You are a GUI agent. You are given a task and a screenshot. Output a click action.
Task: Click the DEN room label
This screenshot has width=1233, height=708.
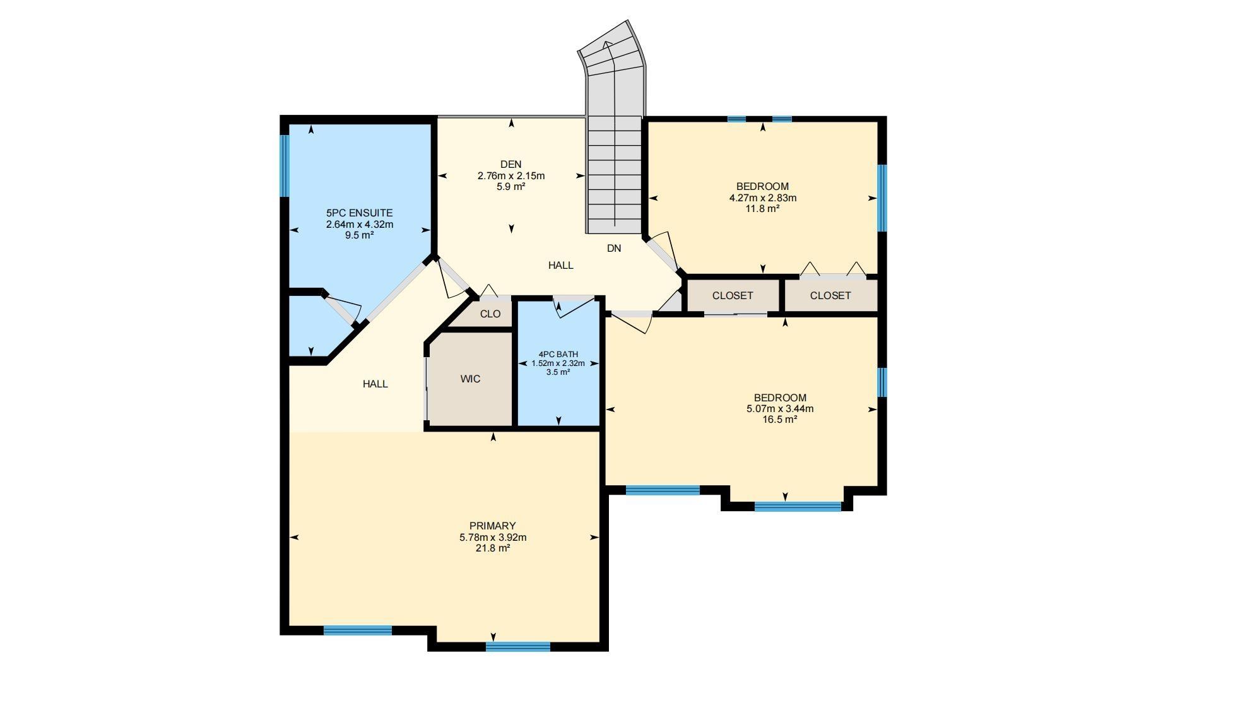(511, 165)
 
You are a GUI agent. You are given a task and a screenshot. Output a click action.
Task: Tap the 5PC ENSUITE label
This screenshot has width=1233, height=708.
(360, 213)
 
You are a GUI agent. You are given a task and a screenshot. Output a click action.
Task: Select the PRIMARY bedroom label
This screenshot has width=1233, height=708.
(493, 526)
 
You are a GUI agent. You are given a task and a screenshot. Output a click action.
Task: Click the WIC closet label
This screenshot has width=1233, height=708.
(471, 379)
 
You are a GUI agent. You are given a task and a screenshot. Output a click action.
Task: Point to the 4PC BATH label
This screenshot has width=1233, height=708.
(558, 355)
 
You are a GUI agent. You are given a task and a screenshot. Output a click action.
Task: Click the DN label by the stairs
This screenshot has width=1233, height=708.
(614, 249)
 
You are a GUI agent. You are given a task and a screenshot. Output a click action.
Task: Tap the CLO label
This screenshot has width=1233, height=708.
(490, 314)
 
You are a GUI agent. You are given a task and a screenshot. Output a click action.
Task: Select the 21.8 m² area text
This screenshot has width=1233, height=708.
(493, 548)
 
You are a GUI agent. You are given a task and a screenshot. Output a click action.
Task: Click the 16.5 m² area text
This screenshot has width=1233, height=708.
(780, 419)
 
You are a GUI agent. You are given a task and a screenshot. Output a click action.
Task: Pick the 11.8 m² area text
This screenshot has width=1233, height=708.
(762, 208)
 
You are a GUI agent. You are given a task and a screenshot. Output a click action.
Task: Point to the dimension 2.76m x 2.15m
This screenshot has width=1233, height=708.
(511, 176)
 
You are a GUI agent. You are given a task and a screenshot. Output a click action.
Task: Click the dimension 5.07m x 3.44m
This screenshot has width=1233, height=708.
(780, 409)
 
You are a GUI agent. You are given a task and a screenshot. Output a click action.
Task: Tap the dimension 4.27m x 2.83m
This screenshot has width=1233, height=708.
(762, 198)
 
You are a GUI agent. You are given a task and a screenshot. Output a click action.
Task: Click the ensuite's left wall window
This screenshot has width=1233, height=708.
(285, 166)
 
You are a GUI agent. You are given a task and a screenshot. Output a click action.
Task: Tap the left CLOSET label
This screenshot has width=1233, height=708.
(733, 296)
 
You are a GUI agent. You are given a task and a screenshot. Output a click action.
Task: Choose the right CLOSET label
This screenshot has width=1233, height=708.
(830, 296)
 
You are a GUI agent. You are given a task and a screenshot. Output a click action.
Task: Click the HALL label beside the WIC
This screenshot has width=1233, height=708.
(375, 384)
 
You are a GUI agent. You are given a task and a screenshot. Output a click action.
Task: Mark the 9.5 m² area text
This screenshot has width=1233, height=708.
(360, 235)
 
